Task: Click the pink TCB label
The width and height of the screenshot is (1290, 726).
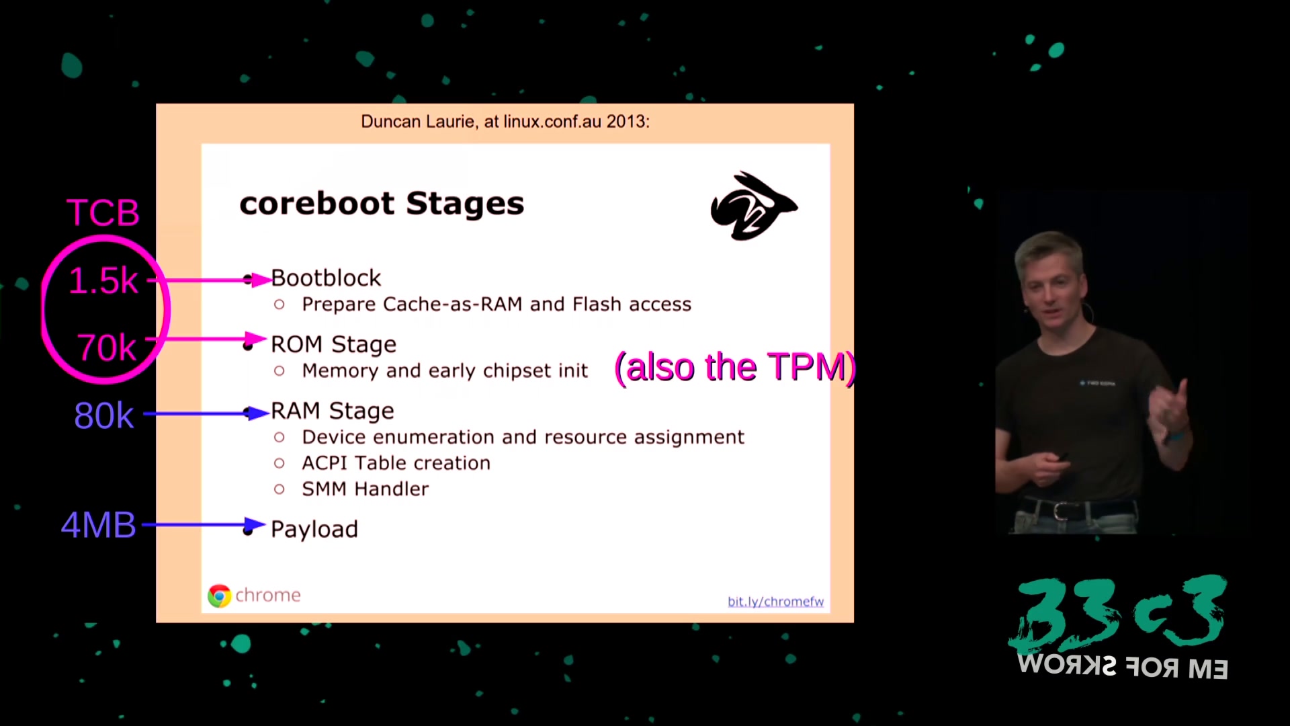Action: [x=103, y=212]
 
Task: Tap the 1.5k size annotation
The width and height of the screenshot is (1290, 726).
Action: [x=103, y=280]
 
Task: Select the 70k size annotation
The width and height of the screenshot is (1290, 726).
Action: [x=107, y=348]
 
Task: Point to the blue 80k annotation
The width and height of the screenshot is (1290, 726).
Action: [x=104, y=415]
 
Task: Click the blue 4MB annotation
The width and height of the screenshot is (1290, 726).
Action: [x=99, y=525]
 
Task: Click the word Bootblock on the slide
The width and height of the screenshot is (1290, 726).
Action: [x=326, y=278]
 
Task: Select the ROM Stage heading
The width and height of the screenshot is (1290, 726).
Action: [x=333, y=344]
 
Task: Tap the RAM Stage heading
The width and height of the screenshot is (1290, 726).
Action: [x=332, y=411]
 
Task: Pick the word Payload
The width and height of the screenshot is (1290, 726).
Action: [x=314, y=529]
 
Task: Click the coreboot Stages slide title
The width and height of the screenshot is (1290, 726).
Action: [x=382, y=204]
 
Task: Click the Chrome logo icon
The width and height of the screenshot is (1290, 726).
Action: [x=219, y=596]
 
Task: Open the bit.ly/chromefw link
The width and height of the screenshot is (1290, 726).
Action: [x=775, y=601]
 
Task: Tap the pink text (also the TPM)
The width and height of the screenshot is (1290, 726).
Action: [x=735, y=367]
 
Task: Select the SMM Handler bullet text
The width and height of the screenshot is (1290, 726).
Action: [x=365, y=489]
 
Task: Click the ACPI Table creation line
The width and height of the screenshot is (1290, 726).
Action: [x=396, y=462]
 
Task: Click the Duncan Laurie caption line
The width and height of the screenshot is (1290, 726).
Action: [x=505, y=122]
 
